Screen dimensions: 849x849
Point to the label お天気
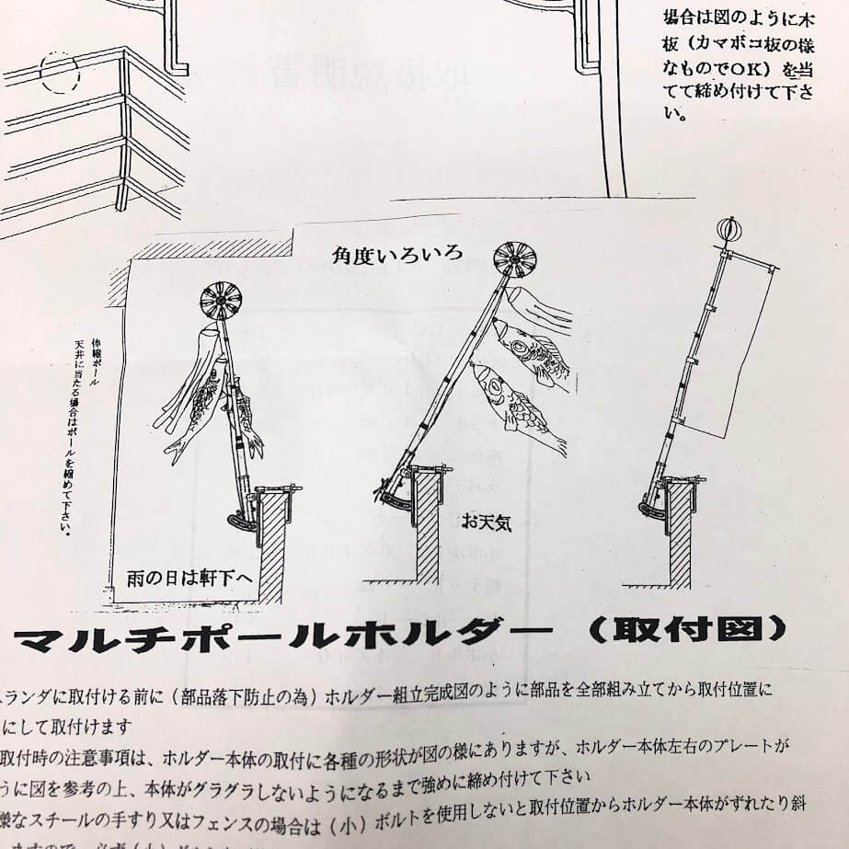tap(487, 524)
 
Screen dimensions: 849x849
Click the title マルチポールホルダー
tap(282, 634)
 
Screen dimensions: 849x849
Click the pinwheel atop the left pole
tap(221, 301)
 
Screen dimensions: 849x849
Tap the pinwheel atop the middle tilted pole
tap(515, 258)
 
